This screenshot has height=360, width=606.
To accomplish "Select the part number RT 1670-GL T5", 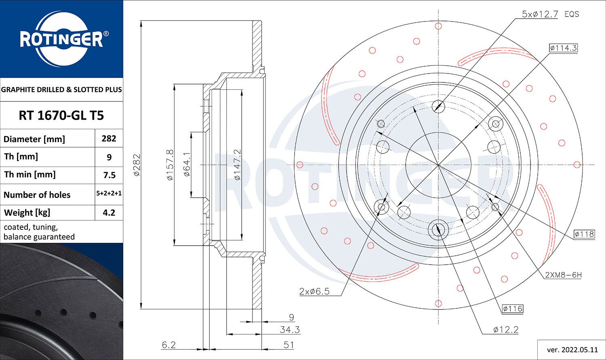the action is [61, 116].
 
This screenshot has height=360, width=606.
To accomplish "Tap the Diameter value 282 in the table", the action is [109, 139].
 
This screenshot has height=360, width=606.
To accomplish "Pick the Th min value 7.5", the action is [109, 175].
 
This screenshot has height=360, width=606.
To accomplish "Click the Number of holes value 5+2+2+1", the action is [109, 194].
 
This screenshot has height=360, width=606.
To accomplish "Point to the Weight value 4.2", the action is [109, 213].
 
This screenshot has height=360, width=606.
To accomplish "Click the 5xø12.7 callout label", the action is [540, 14].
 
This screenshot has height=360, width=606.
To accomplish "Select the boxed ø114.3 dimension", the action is [563, 48].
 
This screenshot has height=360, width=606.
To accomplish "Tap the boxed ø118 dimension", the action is [584, 234].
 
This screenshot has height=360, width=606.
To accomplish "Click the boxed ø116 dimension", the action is [513, 309].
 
